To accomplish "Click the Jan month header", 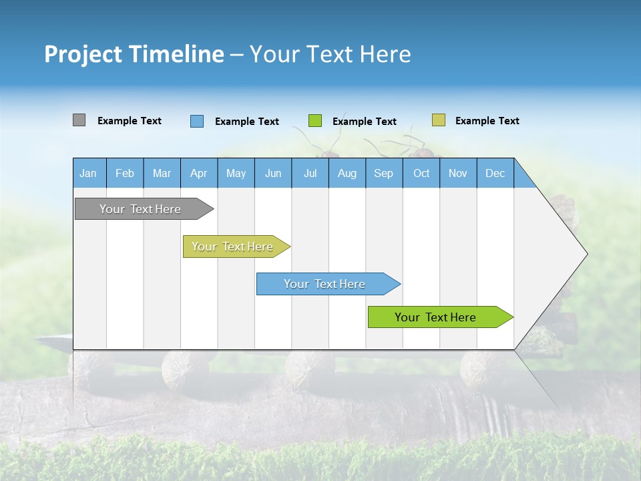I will [x=89, y=173].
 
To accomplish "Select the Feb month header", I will [x=125, y=173].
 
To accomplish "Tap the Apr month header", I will [x=199, y=173].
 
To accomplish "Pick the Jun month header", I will [x=273, y=173].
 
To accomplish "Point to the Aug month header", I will [x=347, y=173].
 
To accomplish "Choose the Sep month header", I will [x=384, y=173].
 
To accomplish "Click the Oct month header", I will [x=421, y=173].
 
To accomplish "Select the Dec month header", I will [x=495, y=173].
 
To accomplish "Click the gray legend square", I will [x=79, y=120].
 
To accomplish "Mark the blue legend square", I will [x=197, y=121].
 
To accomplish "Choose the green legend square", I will [x=315, y=121].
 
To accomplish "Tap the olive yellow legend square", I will [x=438, y=120].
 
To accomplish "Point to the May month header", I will [x=236, y=173].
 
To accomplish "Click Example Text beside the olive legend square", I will [x=487, y=121].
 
